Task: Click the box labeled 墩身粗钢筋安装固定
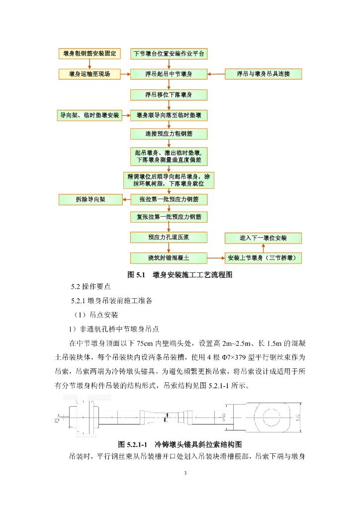point(90,54)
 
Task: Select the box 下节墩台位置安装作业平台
point(169,54)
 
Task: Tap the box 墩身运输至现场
point(90,74)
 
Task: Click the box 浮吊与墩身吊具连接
point(263,74)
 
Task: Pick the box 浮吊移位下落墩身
point(169,94)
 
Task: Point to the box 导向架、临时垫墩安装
point(90,115)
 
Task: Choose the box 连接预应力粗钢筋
point(169,134)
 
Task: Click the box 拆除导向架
point(90,200)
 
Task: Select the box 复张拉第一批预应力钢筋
point(169,217)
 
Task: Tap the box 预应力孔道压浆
point(169,238)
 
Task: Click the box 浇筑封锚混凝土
point(169,258)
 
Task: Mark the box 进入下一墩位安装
point(263,238)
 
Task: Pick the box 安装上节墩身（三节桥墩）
point(263,258)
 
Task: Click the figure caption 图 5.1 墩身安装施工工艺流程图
point(180,274)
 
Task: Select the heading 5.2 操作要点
point(91,287)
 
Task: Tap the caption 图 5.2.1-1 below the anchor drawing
point(180,443)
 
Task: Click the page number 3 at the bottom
point(185,473)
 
